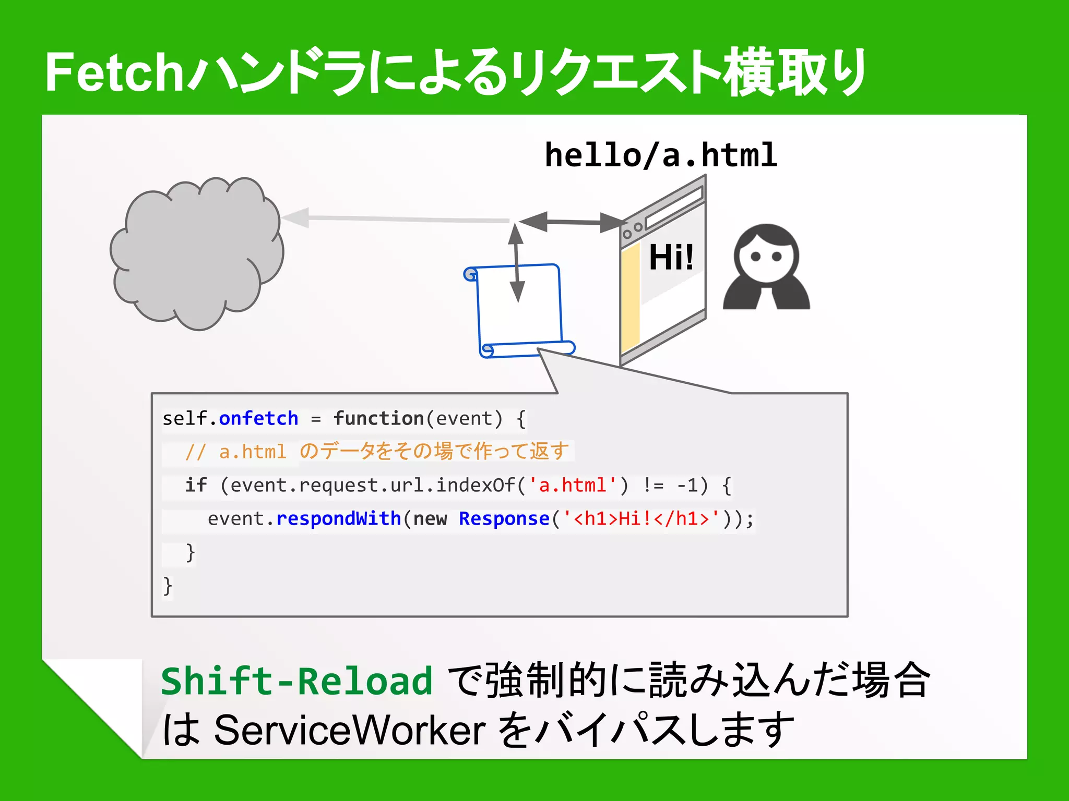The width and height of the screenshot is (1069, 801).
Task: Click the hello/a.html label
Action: click(661, 155)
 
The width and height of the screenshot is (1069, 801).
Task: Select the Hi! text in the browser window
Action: click(671, 257)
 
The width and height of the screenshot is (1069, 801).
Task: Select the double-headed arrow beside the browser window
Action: click(573, 222)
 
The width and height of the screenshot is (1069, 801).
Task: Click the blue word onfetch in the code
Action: click(258, 418)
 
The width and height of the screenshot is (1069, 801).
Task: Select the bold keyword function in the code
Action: click(378, 418)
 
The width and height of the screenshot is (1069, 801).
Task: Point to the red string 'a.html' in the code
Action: click(573, 486)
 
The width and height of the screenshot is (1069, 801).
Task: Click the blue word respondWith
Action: click(338, 519)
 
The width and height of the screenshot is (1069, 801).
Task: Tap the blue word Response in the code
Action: click(504, 519)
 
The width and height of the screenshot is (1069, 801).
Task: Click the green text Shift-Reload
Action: click(296, 681)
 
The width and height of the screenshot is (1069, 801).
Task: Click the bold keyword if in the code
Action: click(196, 486)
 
